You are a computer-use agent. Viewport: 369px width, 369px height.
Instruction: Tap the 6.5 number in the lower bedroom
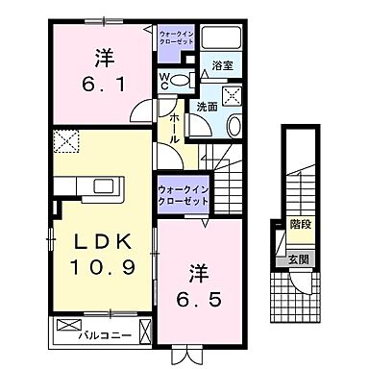pos(199,298)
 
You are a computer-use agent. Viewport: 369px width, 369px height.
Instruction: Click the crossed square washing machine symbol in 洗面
pos(231,94)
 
